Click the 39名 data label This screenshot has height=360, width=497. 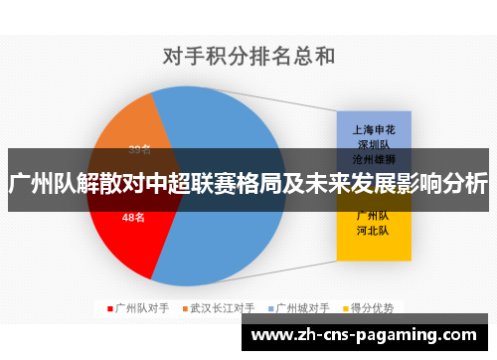(140, 150)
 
